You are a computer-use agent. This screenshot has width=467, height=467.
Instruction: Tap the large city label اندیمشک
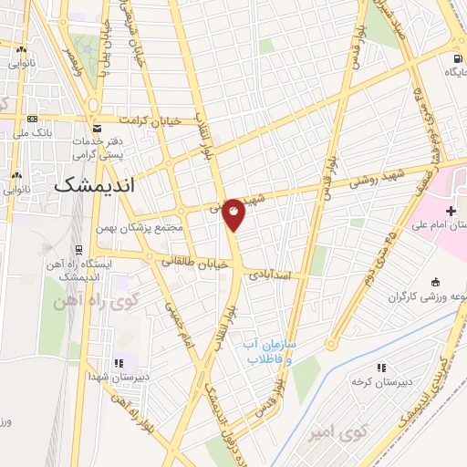[94, 183]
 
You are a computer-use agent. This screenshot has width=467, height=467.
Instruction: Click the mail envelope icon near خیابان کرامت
[97, 129]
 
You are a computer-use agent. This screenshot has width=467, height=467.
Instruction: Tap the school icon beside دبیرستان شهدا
[118, 363]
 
